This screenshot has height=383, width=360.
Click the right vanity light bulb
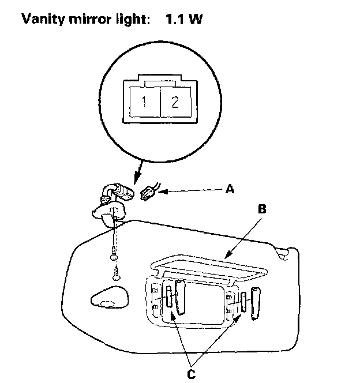(x=243, y=302)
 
